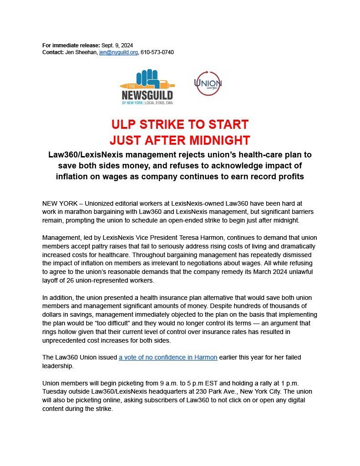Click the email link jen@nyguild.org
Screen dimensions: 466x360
coord(118,52)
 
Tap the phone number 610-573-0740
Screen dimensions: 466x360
coord(157,52)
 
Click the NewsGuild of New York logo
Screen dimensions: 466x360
coord(147,87)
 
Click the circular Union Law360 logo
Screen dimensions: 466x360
coord(208,83)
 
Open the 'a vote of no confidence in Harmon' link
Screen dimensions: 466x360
coord(168,358)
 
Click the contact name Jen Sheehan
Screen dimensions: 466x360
coord(82,52)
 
